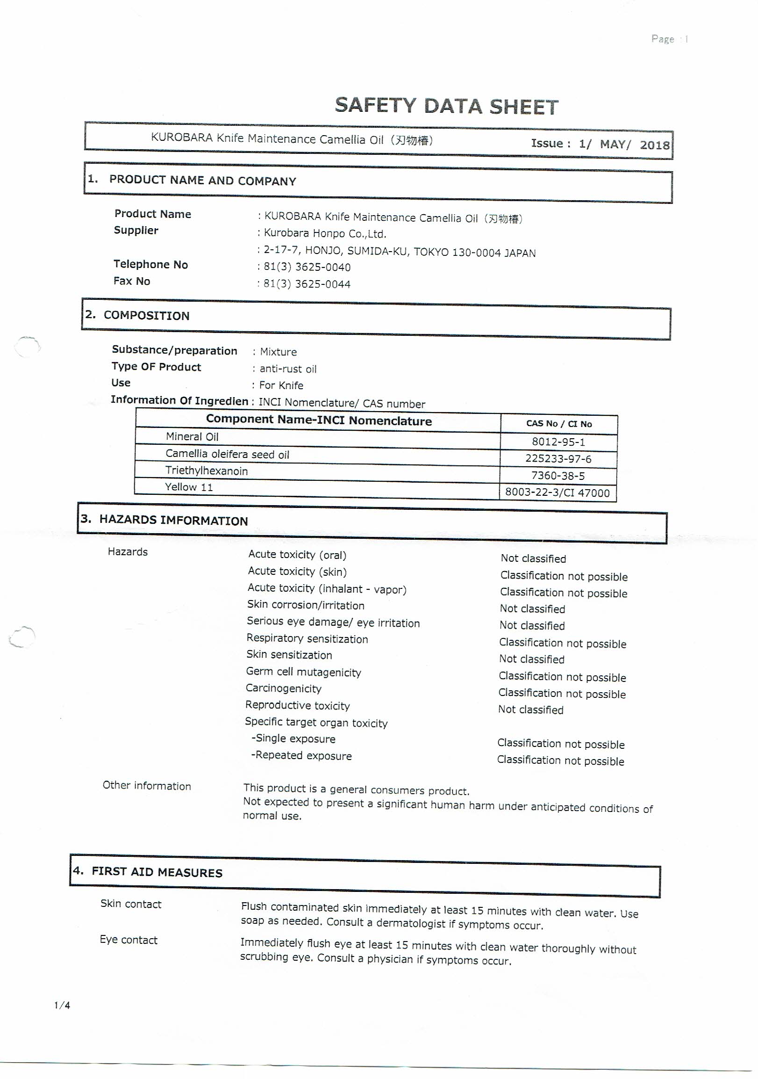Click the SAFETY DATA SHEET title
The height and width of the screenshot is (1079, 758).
tap(446, 106)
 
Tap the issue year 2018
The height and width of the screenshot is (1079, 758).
tap(655, 145)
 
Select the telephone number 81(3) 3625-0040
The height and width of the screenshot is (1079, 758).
tap(307, 268)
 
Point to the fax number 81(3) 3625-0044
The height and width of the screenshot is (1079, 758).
tap(307, 284)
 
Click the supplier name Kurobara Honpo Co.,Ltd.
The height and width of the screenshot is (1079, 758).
tap(325, 233)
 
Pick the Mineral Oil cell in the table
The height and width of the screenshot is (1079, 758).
tap(192, 436)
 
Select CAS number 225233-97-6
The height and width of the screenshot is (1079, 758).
tap(558, 459)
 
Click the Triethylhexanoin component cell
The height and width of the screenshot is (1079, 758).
tap(207, 471)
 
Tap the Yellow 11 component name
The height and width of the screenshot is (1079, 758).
tap(189, 487)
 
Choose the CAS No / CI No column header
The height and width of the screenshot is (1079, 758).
tap(559, 424)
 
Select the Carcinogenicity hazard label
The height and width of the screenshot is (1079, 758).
tap(284, 688)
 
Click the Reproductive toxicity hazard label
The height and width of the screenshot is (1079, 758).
tap(297, 705)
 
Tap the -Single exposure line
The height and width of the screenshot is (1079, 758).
tap(293, 739)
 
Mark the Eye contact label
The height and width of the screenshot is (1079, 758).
tap(129, 940)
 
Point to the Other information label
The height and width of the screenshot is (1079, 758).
tap(147, 786)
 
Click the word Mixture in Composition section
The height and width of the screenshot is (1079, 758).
tap(279, 352)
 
